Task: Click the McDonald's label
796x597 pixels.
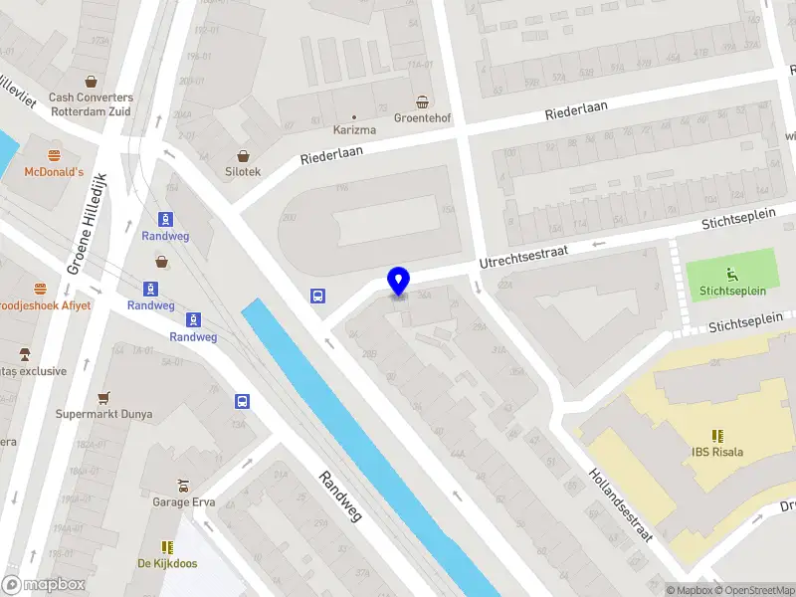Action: (54, 172)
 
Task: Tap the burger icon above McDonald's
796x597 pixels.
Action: (55, 155)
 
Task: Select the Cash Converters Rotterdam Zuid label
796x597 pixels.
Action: (91, 103)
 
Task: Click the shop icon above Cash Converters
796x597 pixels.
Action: (92, 82)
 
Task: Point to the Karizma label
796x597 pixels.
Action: (353, 130)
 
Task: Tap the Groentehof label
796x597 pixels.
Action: (422, 118)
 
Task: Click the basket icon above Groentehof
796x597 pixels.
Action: (423, 101)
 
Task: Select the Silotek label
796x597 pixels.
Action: (243, 171)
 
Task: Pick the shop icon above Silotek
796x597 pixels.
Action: (244, 155)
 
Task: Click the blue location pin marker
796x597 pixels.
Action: (399, 282)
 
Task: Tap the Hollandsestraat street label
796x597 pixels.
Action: (619, 504)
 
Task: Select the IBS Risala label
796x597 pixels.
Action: (717, 452)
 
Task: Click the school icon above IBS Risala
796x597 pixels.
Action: (717, 436)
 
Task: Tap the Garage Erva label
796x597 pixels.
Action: (182, 502)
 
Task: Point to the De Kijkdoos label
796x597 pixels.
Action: (166, 563)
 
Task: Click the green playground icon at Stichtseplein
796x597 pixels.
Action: (733, 274)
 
